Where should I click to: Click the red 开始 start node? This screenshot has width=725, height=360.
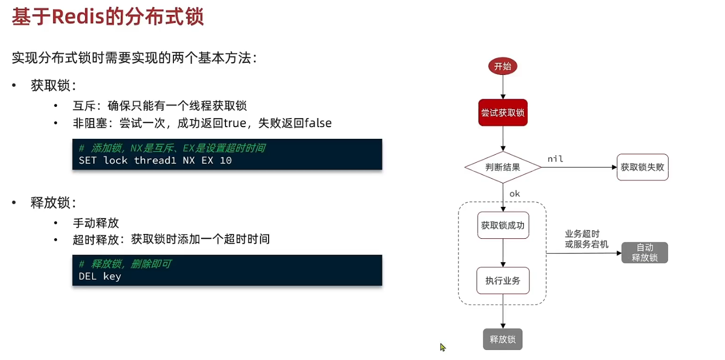(x=503, y=66)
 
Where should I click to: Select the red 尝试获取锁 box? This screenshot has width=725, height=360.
(x=503, y=112)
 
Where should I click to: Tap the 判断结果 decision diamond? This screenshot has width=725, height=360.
(x=503, y=167)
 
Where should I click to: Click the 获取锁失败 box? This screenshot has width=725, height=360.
(x=642, y=167)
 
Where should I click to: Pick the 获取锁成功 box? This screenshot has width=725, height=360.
(x=503, y=225)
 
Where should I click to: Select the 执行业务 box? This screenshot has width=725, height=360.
(x=503, y=280)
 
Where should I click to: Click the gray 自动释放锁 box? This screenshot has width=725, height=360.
(x=645, y=253)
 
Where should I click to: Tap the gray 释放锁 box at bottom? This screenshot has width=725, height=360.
(x=503, y=339)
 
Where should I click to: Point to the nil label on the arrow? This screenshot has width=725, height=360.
(x=555, y=159)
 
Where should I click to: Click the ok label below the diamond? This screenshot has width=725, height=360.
(x=514, y=194)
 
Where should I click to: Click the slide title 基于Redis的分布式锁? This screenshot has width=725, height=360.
(x=108, y=17)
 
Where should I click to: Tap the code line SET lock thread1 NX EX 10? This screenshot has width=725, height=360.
(x=155, y=160)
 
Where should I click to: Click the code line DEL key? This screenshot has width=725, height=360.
(x=100, y=276)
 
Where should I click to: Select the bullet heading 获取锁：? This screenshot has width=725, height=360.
(x=53, y=86)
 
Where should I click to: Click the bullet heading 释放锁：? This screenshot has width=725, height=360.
(x=53, y=203)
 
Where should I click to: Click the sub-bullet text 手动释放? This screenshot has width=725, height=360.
(x=96, y=222)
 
